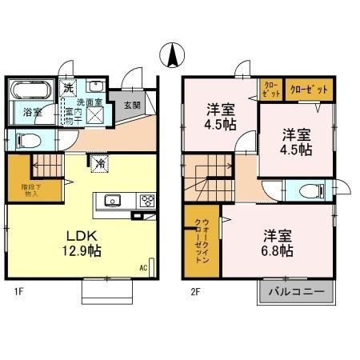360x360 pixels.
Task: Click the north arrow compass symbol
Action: coord(170,56)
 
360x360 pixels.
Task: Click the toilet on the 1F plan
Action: coord(26,141)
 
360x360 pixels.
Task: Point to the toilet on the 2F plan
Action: coord(314,190)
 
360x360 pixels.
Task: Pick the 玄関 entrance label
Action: coord(132,104)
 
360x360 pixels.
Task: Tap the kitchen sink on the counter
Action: coord(110,201)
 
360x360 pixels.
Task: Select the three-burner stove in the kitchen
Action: coord(147,201)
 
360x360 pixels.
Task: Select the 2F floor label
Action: coord(195,293)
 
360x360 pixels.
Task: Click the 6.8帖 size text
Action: coord(276,251)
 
